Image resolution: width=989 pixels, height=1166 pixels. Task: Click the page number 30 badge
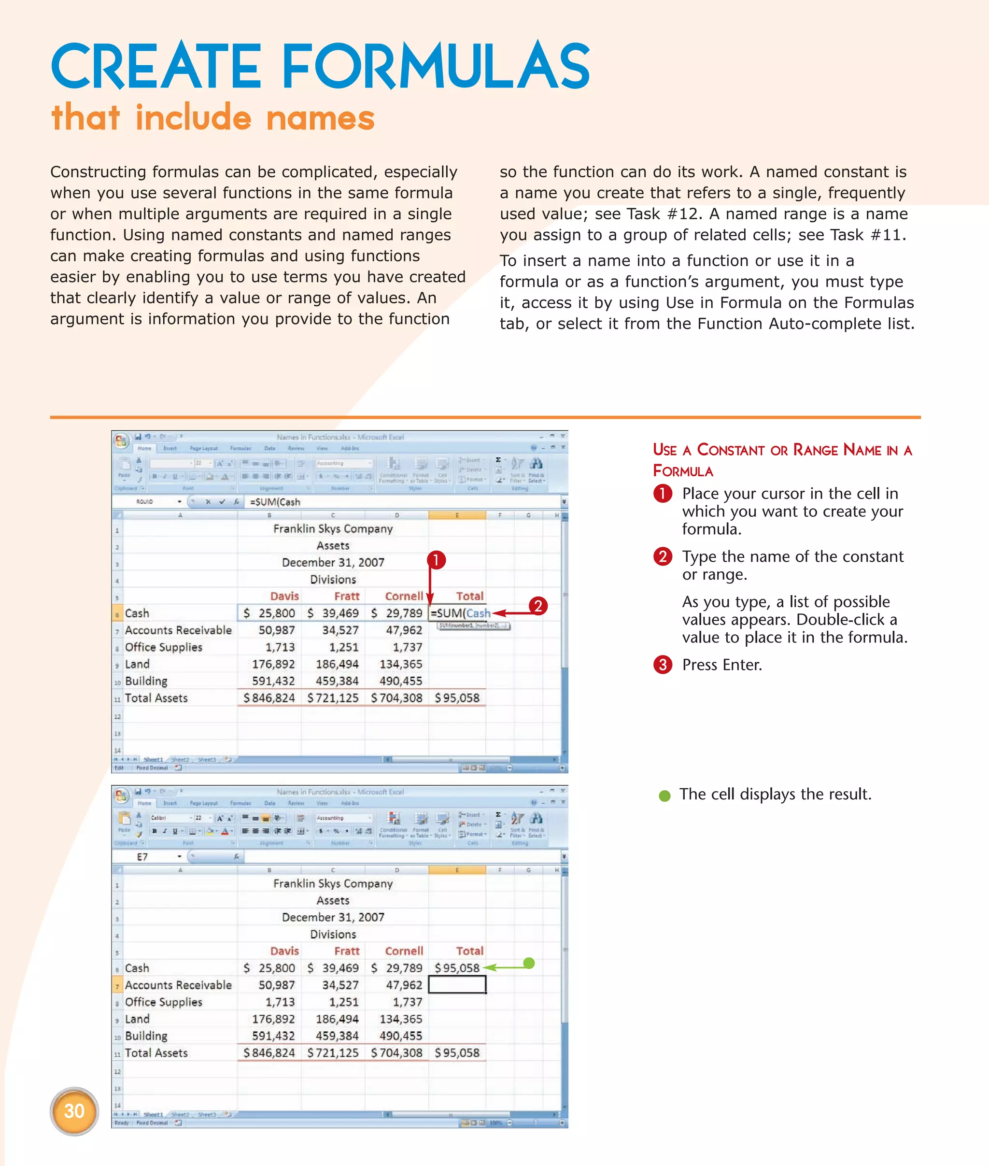(74, 1110)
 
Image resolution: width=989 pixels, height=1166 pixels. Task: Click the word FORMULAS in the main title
(435, 67)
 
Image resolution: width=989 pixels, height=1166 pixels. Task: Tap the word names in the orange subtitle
(320, 118)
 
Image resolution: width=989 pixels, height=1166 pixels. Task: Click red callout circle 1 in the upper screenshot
(436, 560)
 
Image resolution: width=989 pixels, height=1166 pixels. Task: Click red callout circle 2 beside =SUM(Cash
(537, 606)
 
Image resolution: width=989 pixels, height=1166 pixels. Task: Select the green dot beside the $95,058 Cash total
(529, 963)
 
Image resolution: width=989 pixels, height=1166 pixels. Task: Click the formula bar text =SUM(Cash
(275, 502)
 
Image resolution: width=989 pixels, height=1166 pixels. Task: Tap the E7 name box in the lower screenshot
(143, 856)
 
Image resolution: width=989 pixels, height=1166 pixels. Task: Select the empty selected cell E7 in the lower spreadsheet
(457, 984)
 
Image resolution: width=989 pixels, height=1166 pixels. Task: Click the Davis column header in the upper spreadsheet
(284, 596)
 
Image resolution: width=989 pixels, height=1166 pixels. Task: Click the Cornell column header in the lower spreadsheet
(404, 951)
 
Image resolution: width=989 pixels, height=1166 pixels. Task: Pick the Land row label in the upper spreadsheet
(137, 664)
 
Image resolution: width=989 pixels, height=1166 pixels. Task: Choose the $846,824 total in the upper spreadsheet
(269, 697)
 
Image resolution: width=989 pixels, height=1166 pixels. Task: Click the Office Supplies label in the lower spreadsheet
(164, 1002)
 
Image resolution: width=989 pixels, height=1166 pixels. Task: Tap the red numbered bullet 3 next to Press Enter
(663, 665)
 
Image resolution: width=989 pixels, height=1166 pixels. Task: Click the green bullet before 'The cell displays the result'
(664, 795)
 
